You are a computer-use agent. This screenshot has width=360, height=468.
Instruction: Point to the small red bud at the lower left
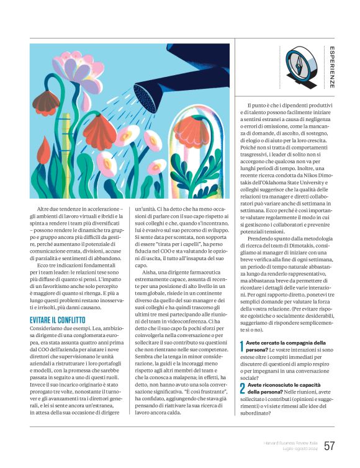45,148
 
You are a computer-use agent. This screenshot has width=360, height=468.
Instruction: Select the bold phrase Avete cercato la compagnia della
286,342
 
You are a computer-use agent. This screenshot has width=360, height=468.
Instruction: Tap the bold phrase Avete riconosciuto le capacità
283,385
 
